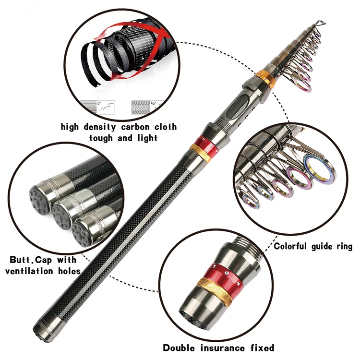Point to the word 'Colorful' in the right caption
[x=293, y=246]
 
